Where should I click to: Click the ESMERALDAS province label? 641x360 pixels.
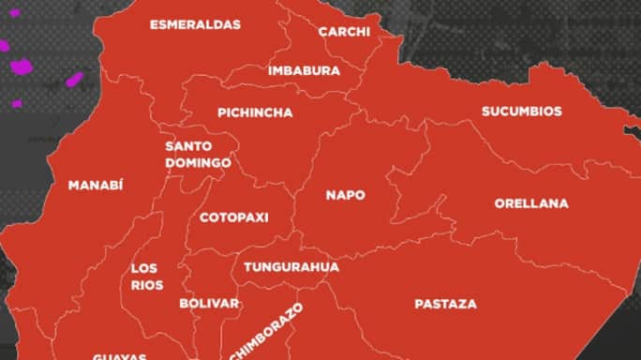pos(195,24)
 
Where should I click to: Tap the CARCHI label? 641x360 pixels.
pos(344,32)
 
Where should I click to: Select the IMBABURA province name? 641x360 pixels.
pos(304,70)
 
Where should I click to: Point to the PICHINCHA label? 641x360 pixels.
pos(255,112)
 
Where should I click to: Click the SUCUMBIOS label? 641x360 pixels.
pos(522,112)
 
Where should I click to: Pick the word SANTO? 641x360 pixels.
pos(188,146)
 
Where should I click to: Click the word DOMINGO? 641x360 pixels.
pos(198,163)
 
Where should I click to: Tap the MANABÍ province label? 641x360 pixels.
pos(96,186)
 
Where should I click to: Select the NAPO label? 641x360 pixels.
pos(345,195)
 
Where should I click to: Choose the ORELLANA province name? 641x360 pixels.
pos(531,203)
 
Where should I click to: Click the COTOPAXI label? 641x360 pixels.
pos(234,217)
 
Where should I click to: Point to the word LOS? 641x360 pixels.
pos(144,268)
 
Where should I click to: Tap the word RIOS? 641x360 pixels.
pos(147,285)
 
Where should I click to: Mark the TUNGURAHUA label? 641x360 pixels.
pos(291,267)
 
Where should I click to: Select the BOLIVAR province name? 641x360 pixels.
pos(209,304)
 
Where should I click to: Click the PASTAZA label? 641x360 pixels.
pos(445,304)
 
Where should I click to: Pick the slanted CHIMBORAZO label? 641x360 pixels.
pos(266,333)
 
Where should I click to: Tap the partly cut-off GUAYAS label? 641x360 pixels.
pos(119,356)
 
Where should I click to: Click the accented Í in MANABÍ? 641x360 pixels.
pos(121,185)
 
